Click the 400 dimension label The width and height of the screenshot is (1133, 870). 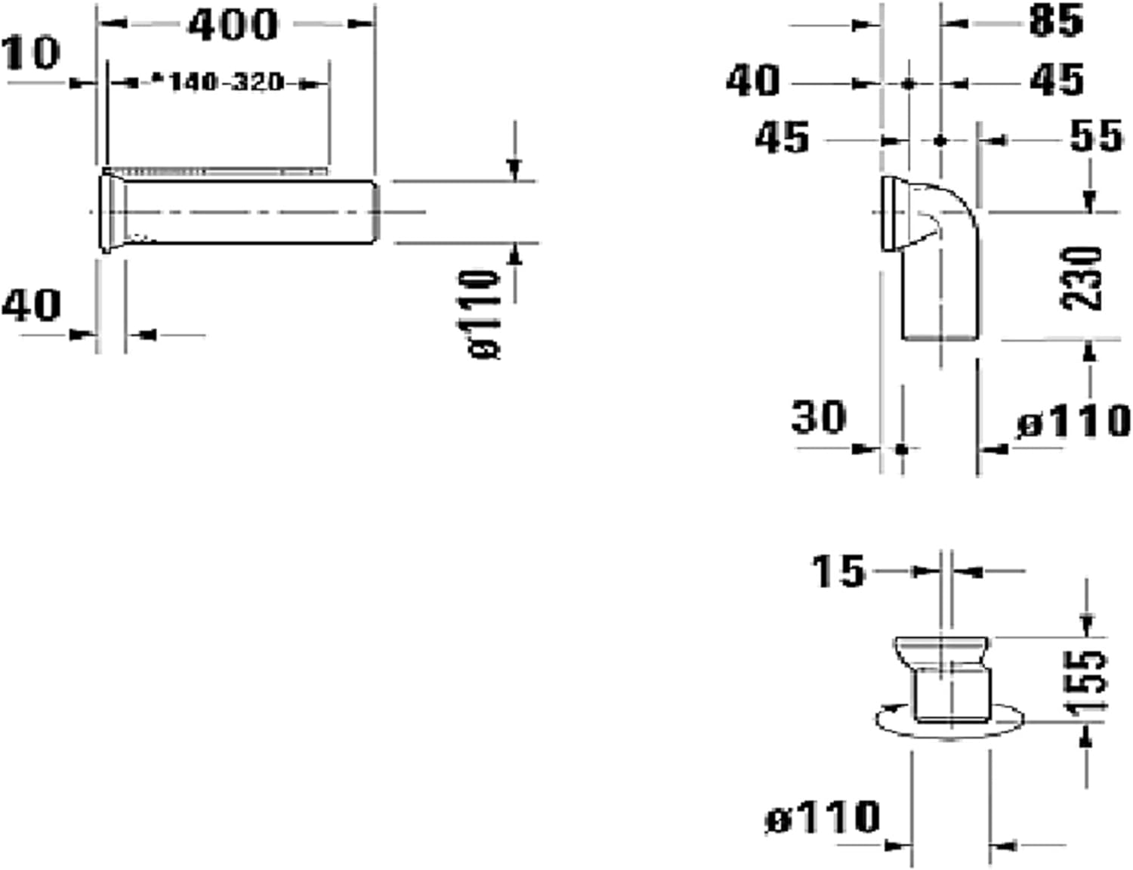(x=233, y=24)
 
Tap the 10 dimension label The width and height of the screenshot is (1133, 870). (x=31, y=53)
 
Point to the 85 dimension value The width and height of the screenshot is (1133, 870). (x=1057, y=21)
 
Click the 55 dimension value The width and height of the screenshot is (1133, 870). (x=1095, y=136)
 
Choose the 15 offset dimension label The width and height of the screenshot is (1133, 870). (x=838, y=571)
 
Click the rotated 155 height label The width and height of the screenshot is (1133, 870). (x=1085, y=681)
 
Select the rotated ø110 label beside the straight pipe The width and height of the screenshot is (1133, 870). (x=479, y=314)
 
